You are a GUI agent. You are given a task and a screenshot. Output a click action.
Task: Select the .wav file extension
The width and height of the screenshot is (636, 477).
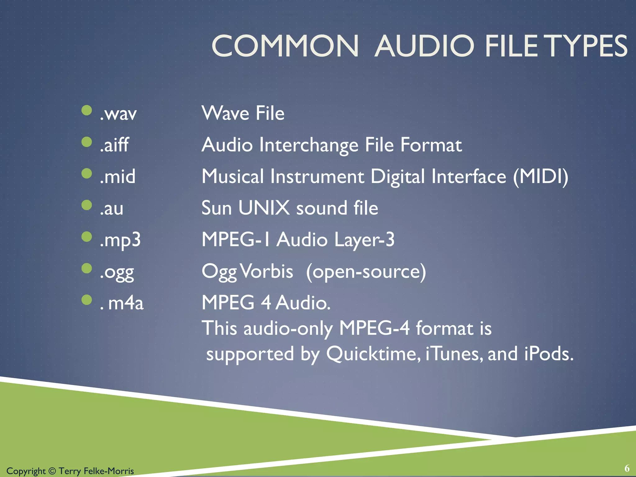click(x=118, y=114)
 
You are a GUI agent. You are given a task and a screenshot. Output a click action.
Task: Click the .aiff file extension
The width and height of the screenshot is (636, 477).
click(x=114, y=145)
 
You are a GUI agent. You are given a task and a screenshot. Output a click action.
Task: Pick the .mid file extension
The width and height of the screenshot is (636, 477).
click(x=118, y=176)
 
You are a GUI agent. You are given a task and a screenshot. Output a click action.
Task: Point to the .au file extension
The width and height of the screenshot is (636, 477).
click(x=111, y=208)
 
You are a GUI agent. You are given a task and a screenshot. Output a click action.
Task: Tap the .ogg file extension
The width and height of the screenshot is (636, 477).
click(x=117, y=272)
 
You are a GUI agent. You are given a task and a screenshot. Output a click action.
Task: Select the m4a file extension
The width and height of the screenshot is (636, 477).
click(x=125, y=303)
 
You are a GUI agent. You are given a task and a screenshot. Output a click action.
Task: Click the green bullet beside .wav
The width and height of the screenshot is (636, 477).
click(x=87, y=110)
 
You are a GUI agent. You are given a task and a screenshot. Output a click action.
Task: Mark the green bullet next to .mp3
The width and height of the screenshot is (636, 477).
click(x=87, y=237)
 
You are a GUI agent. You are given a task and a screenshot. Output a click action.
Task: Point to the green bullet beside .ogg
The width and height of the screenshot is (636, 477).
click(x=87, y=268)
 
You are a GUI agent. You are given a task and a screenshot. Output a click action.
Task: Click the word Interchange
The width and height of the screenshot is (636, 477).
click(x=309, y=145)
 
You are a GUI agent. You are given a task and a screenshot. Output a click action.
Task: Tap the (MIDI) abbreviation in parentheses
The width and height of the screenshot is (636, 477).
click(x=540, y=177)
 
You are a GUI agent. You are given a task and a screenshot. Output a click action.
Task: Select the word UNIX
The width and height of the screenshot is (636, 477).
click(x=264, y=208)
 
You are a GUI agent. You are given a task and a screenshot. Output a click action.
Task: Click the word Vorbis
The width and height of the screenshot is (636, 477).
click(x=266, y=271)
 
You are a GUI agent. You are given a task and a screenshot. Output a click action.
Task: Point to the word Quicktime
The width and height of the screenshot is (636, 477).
click(x=373, y=354)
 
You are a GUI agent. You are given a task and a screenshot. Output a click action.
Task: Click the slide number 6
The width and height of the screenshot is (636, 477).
click(x=627, y=468)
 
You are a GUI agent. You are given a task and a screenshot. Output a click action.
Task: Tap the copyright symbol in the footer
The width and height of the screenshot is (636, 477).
click(x=52, y=471)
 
